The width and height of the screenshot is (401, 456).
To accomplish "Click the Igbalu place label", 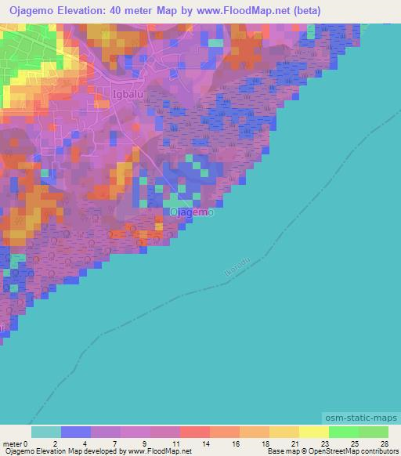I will pos(120,95).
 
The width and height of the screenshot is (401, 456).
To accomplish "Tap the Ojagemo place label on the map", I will pos(192,212).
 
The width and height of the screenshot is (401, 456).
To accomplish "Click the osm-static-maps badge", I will pos(359,420).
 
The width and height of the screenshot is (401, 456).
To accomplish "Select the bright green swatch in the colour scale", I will pos(343,432).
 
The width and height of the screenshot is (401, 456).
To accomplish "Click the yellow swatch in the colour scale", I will pos(313,432).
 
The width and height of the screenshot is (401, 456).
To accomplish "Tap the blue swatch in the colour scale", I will pos(75,432).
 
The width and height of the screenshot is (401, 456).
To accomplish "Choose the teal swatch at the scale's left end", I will pos(45,432).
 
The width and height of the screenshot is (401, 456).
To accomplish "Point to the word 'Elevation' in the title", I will pos(89,11).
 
